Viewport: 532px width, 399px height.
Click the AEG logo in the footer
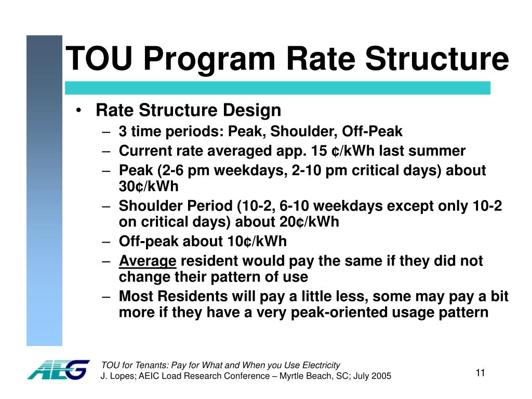pyautogui.click(x=58, y=369)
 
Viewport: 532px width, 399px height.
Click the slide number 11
pyautogui.click(x=480, y=373)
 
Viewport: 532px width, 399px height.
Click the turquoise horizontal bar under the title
pyautogui.click(x=277, y=88)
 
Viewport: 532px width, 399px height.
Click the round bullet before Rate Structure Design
pyautogui.click(x=78, y=111)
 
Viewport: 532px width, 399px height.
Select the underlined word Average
pyautogui.click(x=148, y=261)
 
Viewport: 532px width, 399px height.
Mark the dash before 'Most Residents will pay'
pyautogui.click(x=107, y=297)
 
